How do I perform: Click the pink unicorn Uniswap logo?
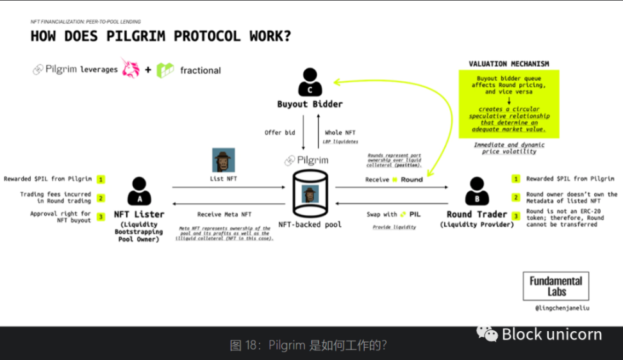click(131, 69)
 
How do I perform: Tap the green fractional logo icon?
click(165, 70)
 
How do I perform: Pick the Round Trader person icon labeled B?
click(478, 192)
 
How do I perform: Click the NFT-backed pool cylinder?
click(310, 193)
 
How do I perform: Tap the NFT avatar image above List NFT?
click(223, 160)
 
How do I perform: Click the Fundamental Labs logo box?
click(556, 286)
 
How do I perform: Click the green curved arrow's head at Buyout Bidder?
click(336, 81)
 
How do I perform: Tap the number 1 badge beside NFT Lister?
click(101, 179)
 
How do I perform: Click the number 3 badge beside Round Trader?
click(515, 217)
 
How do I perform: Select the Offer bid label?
click(279, 133)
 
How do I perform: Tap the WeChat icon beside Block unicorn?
click(486, 334)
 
